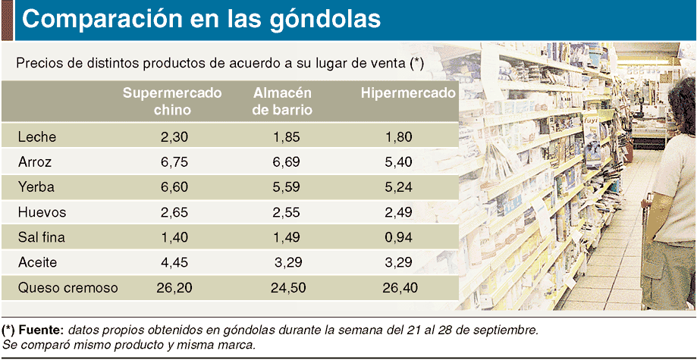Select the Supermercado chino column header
pos(172,101)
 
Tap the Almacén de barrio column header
pos(283,101)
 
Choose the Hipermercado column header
pos(408,93)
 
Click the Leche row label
pos(37,137)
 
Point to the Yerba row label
pos(37,187)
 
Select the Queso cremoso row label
pos(68,287)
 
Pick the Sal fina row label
pos(42,237)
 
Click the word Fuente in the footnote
pos(42,330)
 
